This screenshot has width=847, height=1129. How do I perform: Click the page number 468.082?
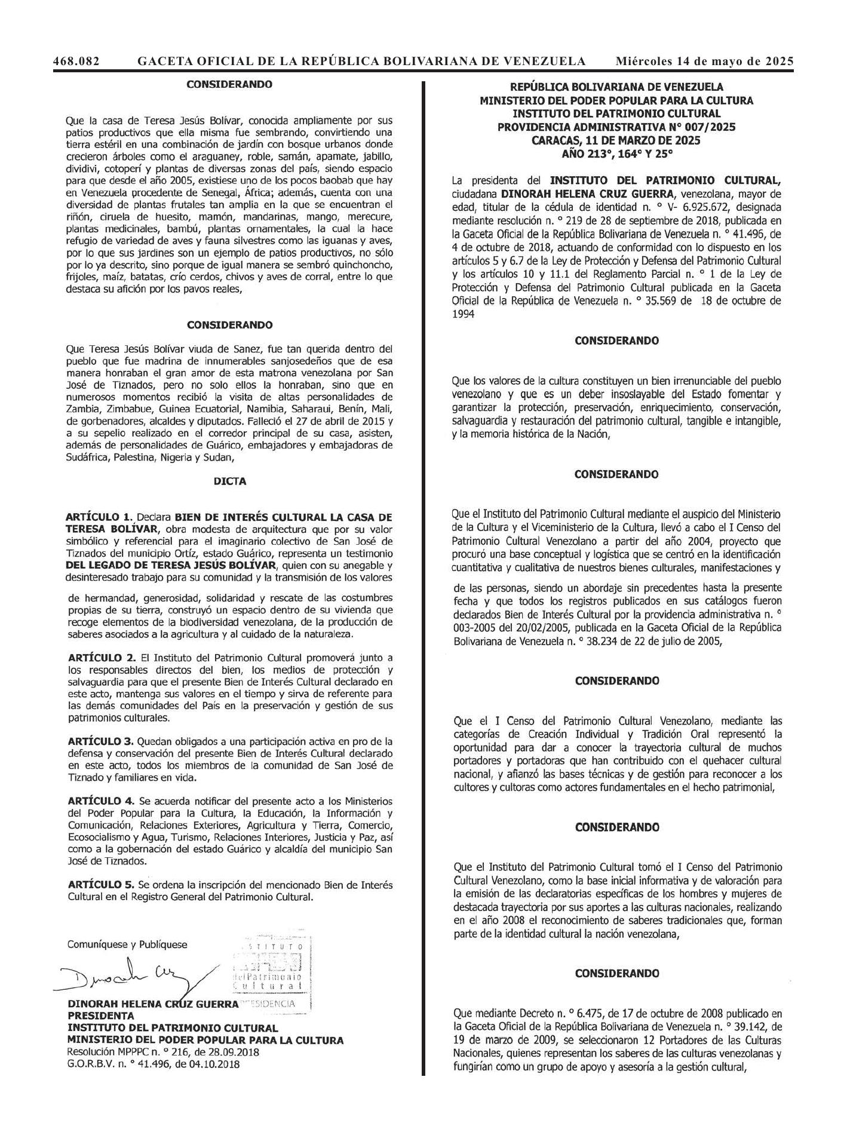76,61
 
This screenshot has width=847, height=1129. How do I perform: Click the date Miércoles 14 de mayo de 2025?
705,61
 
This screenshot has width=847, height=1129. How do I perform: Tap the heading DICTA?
230,481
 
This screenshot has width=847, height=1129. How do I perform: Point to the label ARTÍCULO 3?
101,741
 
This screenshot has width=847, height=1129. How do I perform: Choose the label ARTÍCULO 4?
101,800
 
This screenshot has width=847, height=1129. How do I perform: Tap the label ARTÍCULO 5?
101,884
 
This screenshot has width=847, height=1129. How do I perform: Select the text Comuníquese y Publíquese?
127,945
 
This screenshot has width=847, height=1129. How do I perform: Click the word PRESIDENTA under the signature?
101,1016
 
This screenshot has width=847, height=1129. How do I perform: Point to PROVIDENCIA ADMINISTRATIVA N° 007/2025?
616,127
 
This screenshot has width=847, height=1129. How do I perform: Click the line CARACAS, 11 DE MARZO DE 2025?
616,141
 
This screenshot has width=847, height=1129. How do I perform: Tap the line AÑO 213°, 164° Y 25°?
616,154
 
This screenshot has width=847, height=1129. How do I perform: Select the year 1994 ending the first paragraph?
464,314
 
